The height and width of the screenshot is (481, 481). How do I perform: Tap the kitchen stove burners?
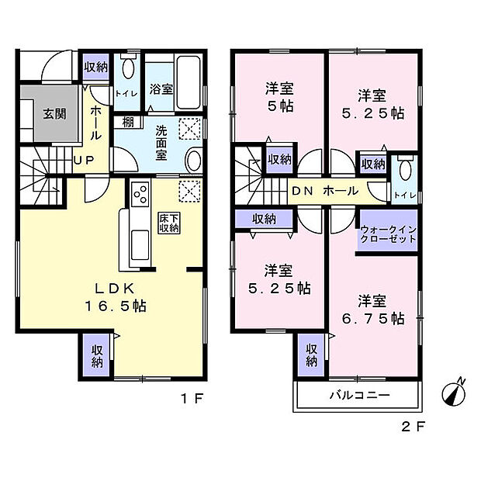[x=140, y=192]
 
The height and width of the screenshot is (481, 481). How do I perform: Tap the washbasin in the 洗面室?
[x=193, y=161]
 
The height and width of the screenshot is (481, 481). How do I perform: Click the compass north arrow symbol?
[x=453, y=392]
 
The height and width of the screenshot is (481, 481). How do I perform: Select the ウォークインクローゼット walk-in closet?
[x=388, y=234]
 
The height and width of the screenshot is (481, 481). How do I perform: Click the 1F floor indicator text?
[x=192, y=400]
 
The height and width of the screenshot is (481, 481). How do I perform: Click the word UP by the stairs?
[x=84, y=161]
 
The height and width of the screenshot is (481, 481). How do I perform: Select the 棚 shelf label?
[x=126, y=122]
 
